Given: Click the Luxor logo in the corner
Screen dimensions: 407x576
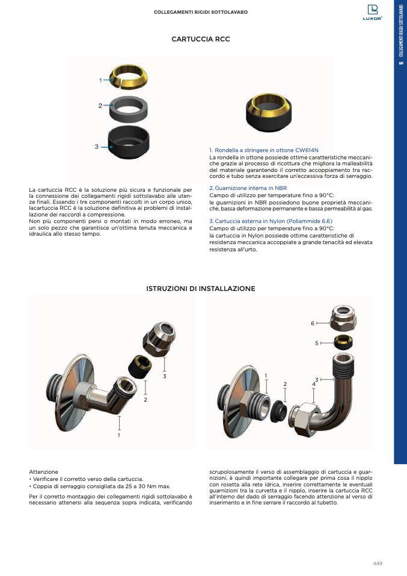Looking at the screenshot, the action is [x=373, y=13].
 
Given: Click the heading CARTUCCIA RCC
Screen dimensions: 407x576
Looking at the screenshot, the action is [x=201, y=39].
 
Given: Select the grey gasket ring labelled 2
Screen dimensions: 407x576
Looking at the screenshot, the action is [x=129, y=108].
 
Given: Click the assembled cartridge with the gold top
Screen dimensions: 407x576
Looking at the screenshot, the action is [x=269, y=112].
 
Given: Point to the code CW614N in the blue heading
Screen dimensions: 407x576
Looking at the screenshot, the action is [x=307, y=150].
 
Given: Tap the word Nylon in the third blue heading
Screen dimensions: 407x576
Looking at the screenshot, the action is [x=277, y=221].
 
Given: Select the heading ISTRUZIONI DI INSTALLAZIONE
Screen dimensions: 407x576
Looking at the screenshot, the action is [x=201, y=289].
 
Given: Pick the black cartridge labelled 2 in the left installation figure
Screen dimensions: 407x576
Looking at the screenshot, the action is [x=140, y=367].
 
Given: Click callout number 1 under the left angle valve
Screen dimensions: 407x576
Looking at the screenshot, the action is [x=118, y=435].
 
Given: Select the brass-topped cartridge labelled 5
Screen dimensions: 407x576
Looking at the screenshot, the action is [x=343, y=342].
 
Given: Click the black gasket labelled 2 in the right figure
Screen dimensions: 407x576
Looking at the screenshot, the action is [x=278, y=411].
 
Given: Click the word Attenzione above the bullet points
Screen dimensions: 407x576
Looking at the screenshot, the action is [x=44, y=472].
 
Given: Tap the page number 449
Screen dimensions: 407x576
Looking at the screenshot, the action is [x=378, y=563].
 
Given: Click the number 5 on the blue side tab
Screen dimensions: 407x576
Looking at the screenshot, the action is [x=401, y=63].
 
